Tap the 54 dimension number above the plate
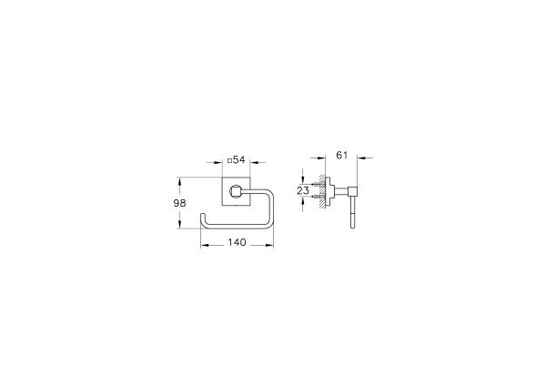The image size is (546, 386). [x=239, y=160]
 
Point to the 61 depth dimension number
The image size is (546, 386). [x=342, y=156]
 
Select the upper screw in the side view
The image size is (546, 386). [x=316, y=185]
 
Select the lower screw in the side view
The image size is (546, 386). [x=316, y=198]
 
